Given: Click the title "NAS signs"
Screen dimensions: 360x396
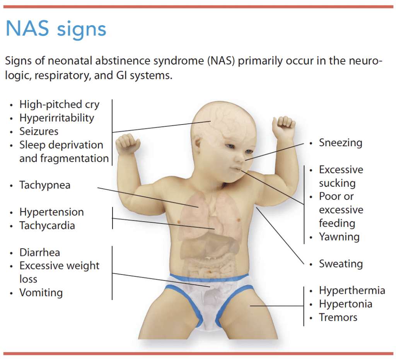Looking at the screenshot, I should click(x=56, y=29).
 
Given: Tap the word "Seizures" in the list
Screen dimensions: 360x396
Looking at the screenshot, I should click(x=39, y=131).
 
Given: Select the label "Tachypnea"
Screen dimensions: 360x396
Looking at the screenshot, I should click(x=45, y=185).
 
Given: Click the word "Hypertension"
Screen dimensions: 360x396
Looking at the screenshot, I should click(x=51, y=212).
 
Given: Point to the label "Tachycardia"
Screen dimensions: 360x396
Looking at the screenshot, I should click(x=47, y=225).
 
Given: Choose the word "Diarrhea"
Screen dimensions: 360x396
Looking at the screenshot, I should click(x=40, y=253).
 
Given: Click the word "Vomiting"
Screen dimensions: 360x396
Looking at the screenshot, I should click(x=41, y=293).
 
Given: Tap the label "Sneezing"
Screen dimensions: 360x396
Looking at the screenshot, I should click(x=340, y=143).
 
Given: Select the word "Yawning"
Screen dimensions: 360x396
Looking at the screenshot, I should click(x=339, y=237).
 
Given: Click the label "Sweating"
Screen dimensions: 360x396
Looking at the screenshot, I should click(x=341, y=264).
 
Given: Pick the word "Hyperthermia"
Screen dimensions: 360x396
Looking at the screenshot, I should click(x=352, y=290).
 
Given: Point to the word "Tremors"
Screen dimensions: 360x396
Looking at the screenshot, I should click(x=338, y=317).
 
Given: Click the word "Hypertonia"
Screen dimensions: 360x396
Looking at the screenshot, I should click(x=345, y=304).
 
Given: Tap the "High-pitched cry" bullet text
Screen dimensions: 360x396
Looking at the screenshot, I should click(x=59, y=104).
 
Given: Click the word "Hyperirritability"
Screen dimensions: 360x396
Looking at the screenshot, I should click(x=56, y=118).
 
